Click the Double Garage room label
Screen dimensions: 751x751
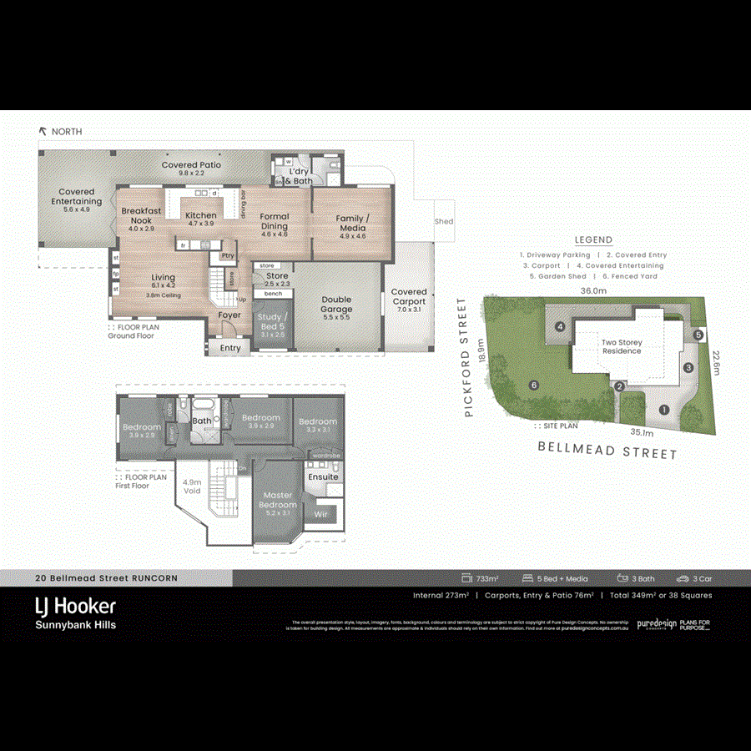click(x=337, y=305)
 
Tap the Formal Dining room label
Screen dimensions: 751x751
click(x=275, y=221)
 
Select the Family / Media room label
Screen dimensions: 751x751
click(x=351, y=223)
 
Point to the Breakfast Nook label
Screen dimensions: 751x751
click(x=142, y=216)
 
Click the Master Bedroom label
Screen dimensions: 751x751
click(x=277, y=501)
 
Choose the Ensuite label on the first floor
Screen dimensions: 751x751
click(x=324, y=476)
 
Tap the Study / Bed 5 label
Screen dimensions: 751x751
click(x=274, y=322)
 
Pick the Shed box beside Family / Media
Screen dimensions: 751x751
click(x=444, y=221)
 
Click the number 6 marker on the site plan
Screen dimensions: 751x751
click(x=532, y=386)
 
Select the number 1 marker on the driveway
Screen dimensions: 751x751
click(x=664, y=410)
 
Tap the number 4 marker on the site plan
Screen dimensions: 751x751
click(x=561, y=326)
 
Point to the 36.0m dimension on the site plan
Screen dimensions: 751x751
click(x=593, y=291)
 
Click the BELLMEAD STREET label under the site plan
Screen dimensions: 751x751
click(x=607, y=451)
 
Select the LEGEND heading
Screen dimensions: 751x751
click(x=593, y=239)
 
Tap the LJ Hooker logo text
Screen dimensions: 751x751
click(x=75, y=605)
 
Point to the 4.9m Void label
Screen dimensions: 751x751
click(x=191, y=486)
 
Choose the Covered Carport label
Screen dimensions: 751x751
click(x=409, y=297)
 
